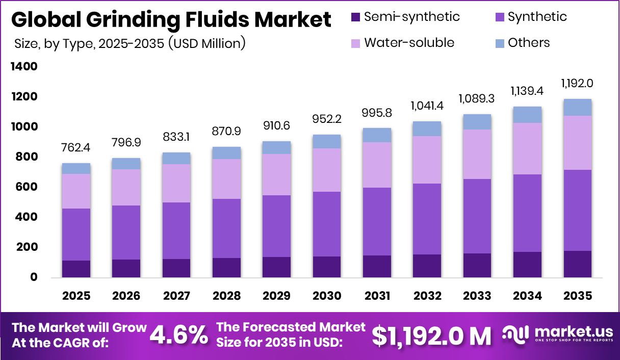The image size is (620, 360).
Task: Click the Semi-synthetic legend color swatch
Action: tap(356, 17)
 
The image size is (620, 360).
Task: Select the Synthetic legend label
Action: tap(537, 17)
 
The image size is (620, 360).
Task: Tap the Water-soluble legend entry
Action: tap(409, 42)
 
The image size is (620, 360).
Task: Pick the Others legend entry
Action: tap(528, 42)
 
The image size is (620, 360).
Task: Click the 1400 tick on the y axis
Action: tap(23, 67)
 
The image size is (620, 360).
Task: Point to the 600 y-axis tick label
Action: tap(26, 187)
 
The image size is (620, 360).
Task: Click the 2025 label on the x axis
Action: tap(76, 296)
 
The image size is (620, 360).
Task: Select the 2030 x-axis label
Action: tap(327, 296)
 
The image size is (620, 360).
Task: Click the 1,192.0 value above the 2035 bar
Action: tap(577, 83)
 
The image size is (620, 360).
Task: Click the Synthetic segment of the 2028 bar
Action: tap(226, 228)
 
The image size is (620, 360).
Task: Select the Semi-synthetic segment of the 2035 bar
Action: tap(577, 264)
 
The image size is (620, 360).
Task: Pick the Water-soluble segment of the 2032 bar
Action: tap(427, 160)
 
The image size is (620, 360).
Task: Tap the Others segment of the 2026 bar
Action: tap(126, 164)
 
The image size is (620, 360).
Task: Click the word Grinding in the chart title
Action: tap(134, 20)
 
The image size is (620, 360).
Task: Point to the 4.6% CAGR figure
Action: tap(178, 335)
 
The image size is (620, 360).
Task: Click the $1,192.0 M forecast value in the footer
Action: tap(431, 335)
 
